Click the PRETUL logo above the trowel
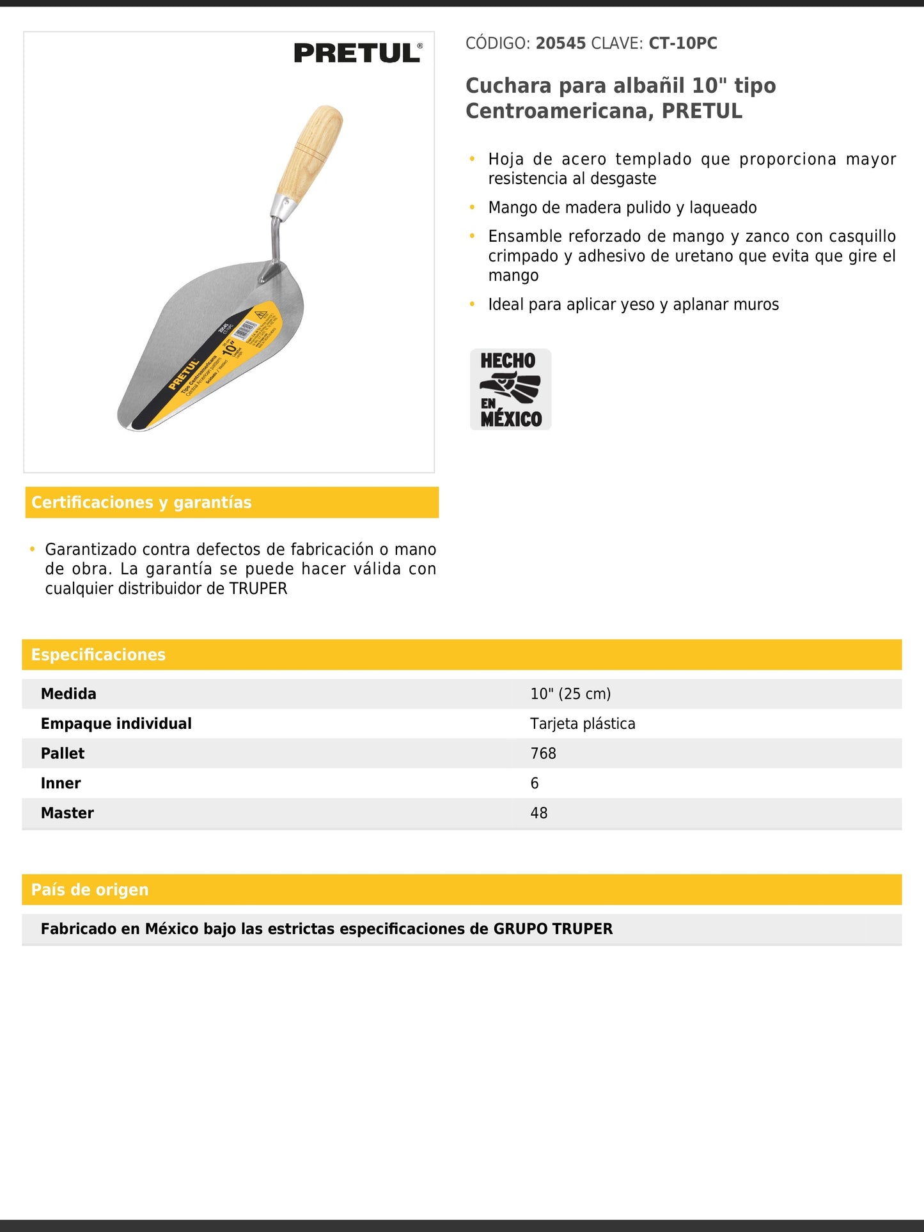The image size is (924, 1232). [357, 53]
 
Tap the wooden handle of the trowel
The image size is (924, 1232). [314, 150]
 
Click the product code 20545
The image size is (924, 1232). [560, 43]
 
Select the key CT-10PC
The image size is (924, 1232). [682, 43]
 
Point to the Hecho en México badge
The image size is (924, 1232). [510, 389]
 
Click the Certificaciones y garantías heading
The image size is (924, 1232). [141, 503]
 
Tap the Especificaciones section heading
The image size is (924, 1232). [98, 655]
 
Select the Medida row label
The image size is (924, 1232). [68, 694]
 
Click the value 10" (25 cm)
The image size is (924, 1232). [570, 694]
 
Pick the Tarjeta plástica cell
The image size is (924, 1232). [583, 724]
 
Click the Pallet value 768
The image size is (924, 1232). [543, 753]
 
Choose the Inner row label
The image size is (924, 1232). [61, 783]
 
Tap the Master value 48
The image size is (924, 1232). [539, 813]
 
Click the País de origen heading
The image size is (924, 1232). [90, 890]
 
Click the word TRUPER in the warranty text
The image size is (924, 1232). [258, 589]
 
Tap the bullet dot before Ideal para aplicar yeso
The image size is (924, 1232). [472, 304]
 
